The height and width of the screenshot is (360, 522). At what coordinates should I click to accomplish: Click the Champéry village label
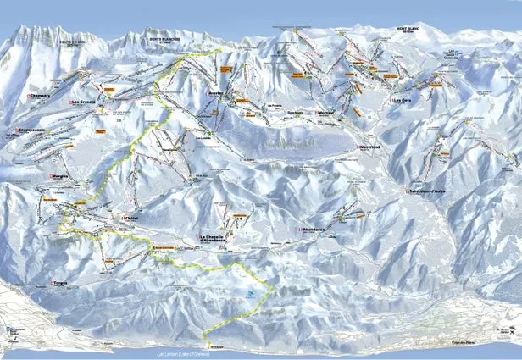(38, 97)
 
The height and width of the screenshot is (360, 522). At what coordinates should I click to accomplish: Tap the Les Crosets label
(83, 103)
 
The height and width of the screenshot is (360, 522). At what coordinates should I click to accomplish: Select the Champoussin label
(28, 130)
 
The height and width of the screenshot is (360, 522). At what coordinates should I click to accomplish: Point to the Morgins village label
(58, 176)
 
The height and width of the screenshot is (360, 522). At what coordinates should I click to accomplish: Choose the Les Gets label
(402, 100)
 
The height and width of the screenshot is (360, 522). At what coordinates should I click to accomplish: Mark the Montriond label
(369, 147)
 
